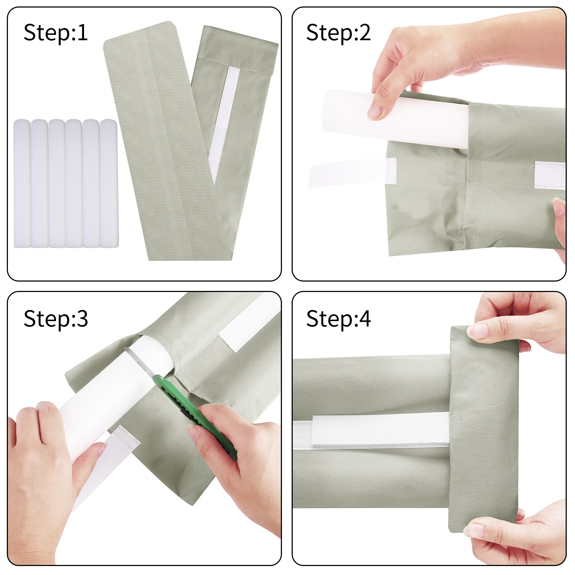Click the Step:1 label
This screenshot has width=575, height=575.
pos(56,33)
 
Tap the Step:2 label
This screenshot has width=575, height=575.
pos(338,33)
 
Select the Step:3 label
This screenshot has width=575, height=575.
pos(56,319)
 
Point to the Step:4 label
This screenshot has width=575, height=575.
pos(338,319)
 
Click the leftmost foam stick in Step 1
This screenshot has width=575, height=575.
pos(22,183)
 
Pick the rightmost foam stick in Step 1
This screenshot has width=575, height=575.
pos(109,183)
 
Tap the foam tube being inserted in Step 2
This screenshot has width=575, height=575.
pos(395,119)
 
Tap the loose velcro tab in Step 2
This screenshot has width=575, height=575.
pos(352,172)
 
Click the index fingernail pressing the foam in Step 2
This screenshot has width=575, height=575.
pos(374,112)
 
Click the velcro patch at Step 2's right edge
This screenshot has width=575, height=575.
pos(550,175)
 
